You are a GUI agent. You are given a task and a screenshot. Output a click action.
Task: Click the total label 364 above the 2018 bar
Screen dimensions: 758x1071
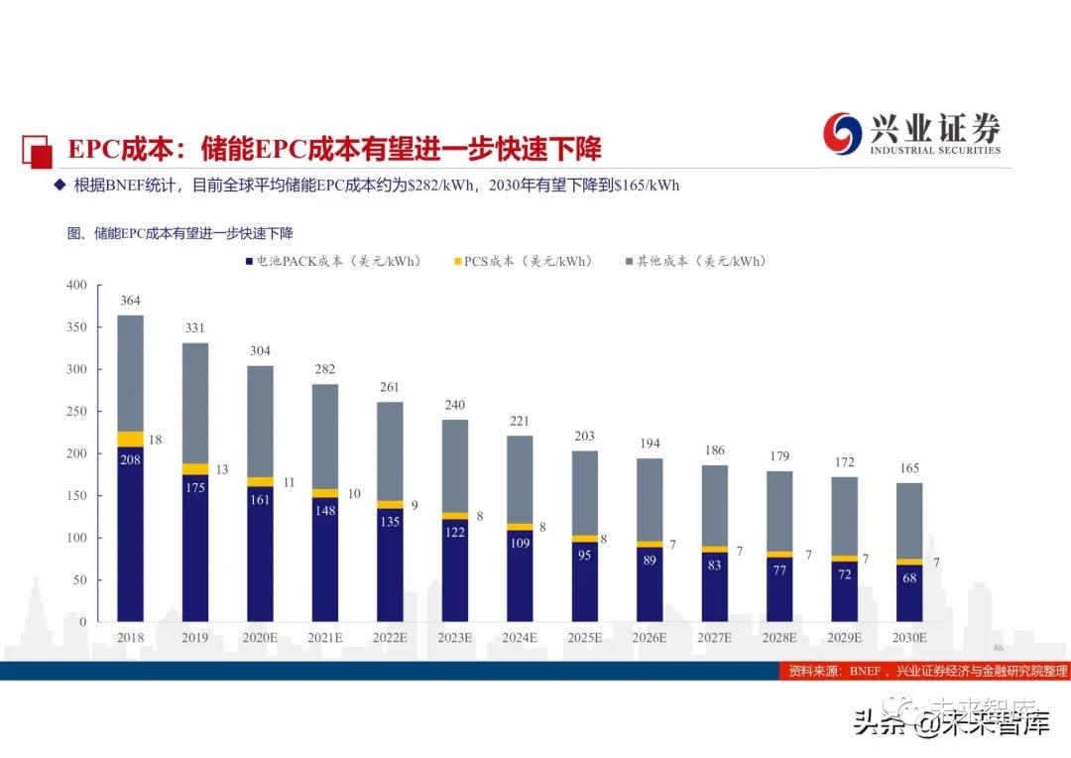tap(130, 301)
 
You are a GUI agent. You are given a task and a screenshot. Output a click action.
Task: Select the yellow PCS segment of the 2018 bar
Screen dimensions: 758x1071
tap(130, 439)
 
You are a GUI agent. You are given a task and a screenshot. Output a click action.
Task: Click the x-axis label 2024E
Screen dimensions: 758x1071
tap(520, 638)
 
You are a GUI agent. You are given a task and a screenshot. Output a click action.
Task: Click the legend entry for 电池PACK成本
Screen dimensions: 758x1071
tap(332, 261)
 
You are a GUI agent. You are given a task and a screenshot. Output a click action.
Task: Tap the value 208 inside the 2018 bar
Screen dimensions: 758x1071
tap(130, 459)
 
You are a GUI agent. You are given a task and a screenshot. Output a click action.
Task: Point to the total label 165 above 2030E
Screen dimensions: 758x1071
tap(909, 468)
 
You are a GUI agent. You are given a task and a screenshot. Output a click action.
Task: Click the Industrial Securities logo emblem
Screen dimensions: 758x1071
tap(843, 133)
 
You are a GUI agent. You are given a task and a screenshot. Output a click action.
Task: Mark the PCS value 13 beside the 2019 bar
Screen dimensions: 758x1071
tap(221, 469)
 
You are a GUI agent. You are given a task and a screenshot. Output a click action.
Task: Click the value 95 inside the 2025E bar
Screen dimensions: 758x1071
tap(584, 555)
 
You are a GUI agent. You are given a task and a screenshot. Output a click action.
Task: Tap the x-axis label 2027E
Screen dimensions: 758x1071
tap(714, 638)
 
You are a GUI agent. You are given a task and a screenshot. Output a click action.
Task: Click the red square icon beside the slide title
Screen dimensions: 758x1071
tap(39, 151)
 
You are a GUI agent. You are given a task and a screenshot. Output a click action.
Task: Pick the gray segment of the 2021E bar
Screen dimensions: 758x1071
tap(325, 436)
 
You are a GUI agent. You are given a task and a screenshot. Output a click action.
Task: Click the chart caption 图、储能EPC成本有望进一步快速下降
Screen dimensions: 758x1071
tap(179, 233)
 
